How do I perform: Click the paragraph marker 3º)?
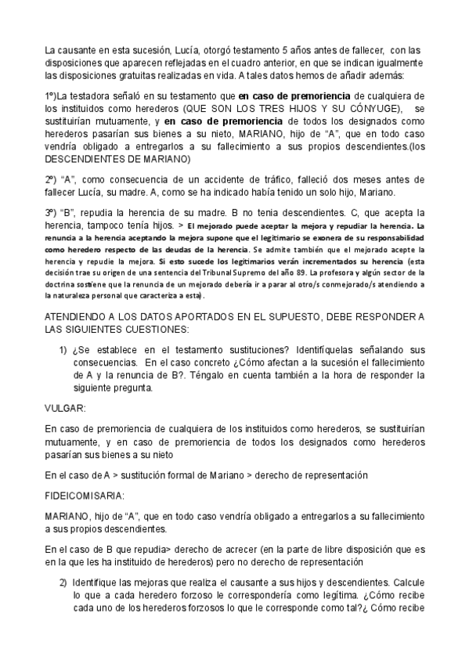(52, 214)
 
